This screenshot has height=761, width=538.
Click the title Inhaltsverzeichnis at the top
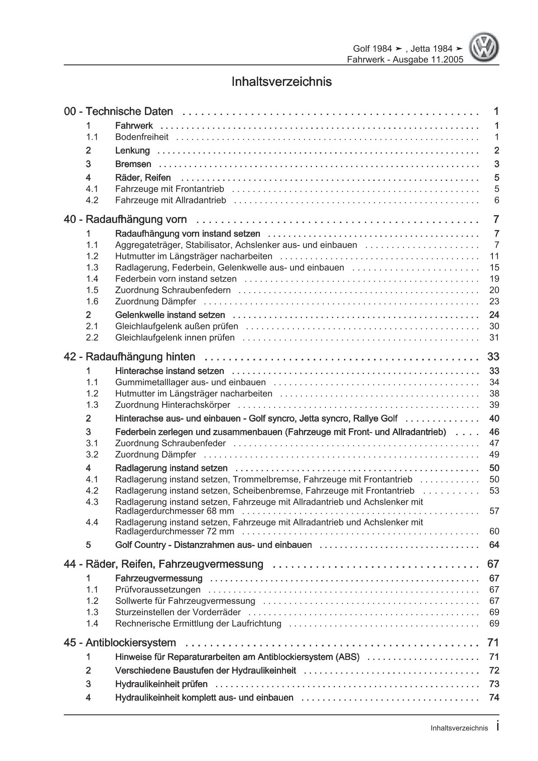pos(282,82)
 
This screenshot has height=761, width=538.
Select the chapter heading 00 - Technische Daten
pos(118,112)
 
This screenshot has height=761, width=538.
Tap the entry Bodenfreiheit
pos(141,137)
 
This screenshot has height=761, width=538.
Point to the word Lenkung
pos(132,151)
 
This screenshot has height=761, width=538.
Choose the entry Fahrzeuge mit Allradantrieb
pos(171,200)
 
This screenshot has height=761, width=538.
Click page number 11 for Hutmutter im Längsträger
pos(494,256)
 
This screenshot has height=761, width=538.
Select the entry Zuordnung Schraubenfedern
pos(173,290)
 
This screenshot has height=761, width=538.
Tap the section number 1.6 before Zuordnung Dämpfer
pos(92,301)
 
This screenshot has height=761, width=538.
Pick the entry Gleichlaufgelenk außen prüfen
pos(176,326)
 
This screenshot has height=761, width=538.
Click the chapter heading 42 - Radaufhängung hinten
pos(129,357)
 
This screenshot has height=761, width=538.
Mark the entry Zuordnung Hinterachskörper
pos(172,405)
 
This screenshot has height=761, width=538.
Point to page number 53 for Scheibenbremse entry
pos(494,491)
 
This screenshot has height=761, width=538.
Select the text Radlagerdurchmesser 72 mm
pos(174,531)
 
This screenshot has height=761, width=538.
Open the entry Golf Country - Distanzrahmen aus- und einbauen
pos(213,545)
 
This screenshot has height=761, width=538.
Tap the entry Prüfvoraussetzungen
pos(157,589)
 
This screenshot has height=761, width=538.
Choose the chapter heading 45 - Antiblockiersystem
pos(120,642)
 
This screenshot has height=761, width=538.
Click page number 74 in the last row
pos(494,698)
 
